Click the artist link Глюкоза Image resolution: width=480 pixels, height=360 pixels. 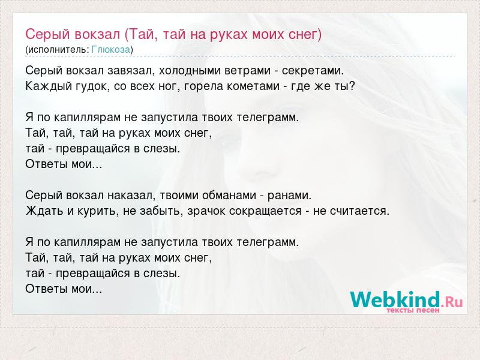[x=111, y=49]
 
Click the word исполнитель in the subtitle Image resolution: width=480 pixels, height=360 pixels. [x=58, y=50]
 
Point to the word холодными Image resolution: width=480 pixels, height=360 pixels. [x=189, y=70]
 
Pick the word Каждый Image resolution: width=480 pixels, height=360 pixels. [x=49, y=86]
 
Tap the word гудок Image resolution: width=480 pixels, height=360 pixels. [x=92, y=86]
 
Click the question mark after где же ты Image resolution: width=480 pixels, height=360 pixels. [x=352, y=86]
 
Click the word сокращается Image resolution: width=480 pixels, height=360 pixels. [x=265, y=211]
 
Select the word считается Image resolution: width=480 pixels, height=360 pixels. [x=358, y=211]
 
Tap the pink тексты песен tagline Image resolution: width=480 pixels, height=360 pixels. [x=413, y=310]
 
